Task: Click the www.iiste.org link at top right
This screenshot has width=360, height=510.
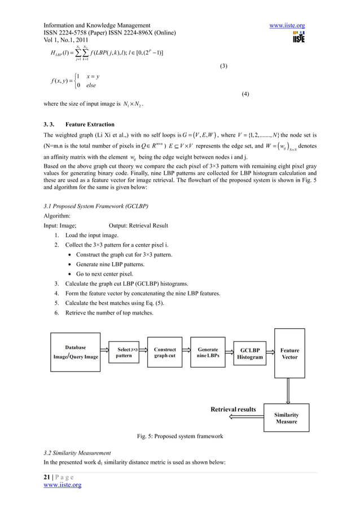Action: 288,25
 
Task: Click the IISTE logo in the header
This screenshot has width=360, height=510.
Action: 298,38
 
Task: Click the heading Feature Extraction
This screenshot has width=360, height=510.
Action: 90,124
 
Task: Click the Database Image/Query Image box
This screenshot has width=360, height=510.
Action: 75,352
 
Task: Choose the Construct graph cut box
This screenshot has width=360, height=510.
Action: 165,352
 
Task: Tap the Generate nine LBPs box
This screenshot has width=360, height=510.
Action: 208,352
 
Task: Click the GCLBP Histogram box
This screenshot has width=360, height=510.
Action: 250,353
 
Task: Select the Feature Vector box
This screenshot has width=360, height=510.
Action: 289,353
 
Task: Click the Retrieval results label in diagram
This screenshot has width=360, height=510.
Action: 233,409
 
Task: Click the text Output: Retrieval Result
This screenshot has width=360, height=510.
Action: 138,225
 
